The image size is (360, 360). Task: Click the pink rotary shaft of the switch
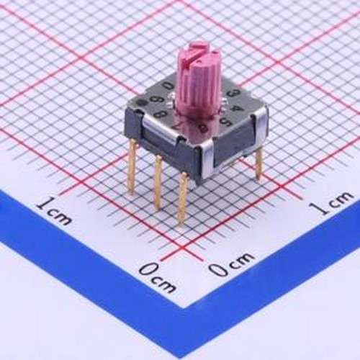[x=195, y=86]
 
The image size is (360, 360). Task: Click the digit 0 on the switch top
[x=168, y=86]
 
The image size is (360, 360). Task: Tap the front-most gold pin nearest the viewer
[x=183, y=198]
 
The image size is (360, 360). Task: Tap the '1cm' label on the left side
[x=53, y=211]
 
